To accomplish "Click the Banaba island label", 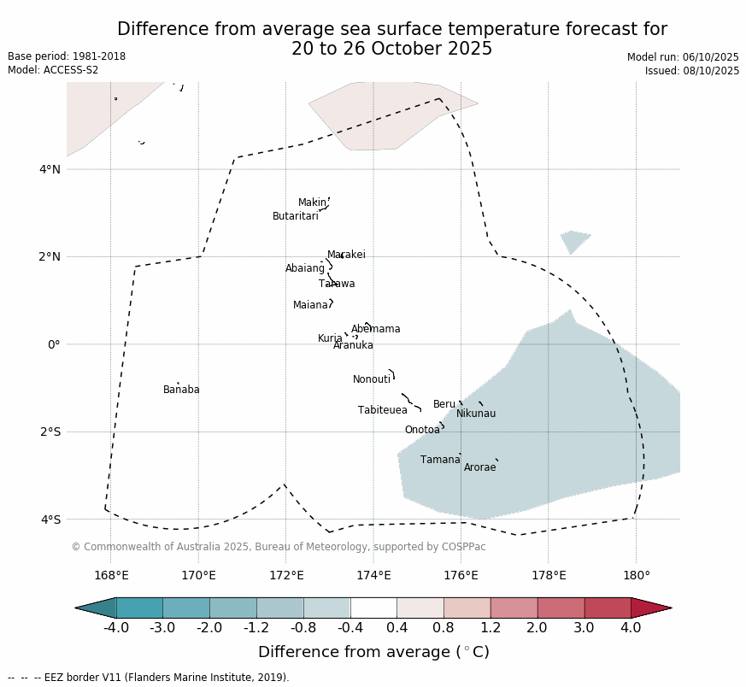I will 181,390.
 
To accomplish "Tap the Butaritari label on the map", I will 296,216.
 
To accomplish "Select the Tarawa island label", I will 337,284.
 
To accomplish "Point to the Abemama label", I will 375,329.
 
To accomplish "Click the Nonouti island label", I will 372,379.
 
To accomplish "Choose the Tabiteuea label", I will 383,410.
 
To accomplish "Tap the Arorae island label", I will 479,467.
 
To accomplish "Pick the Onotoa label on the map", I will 422,430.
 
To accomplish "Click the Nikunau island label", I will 476,414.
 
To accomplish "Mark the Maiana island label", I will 311,305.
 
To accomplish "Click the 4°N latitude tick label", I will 50,169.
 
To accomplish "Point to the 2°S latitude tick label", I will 50,432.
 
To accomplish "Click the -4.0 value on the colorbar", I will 116,628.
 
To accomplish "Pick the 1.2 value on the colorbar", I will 490,628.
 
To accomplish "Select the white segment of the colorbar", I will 373,608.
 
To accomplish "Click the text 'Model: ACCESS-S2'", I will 53,70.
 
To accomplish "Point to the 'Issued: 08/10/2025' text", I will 691,71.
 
